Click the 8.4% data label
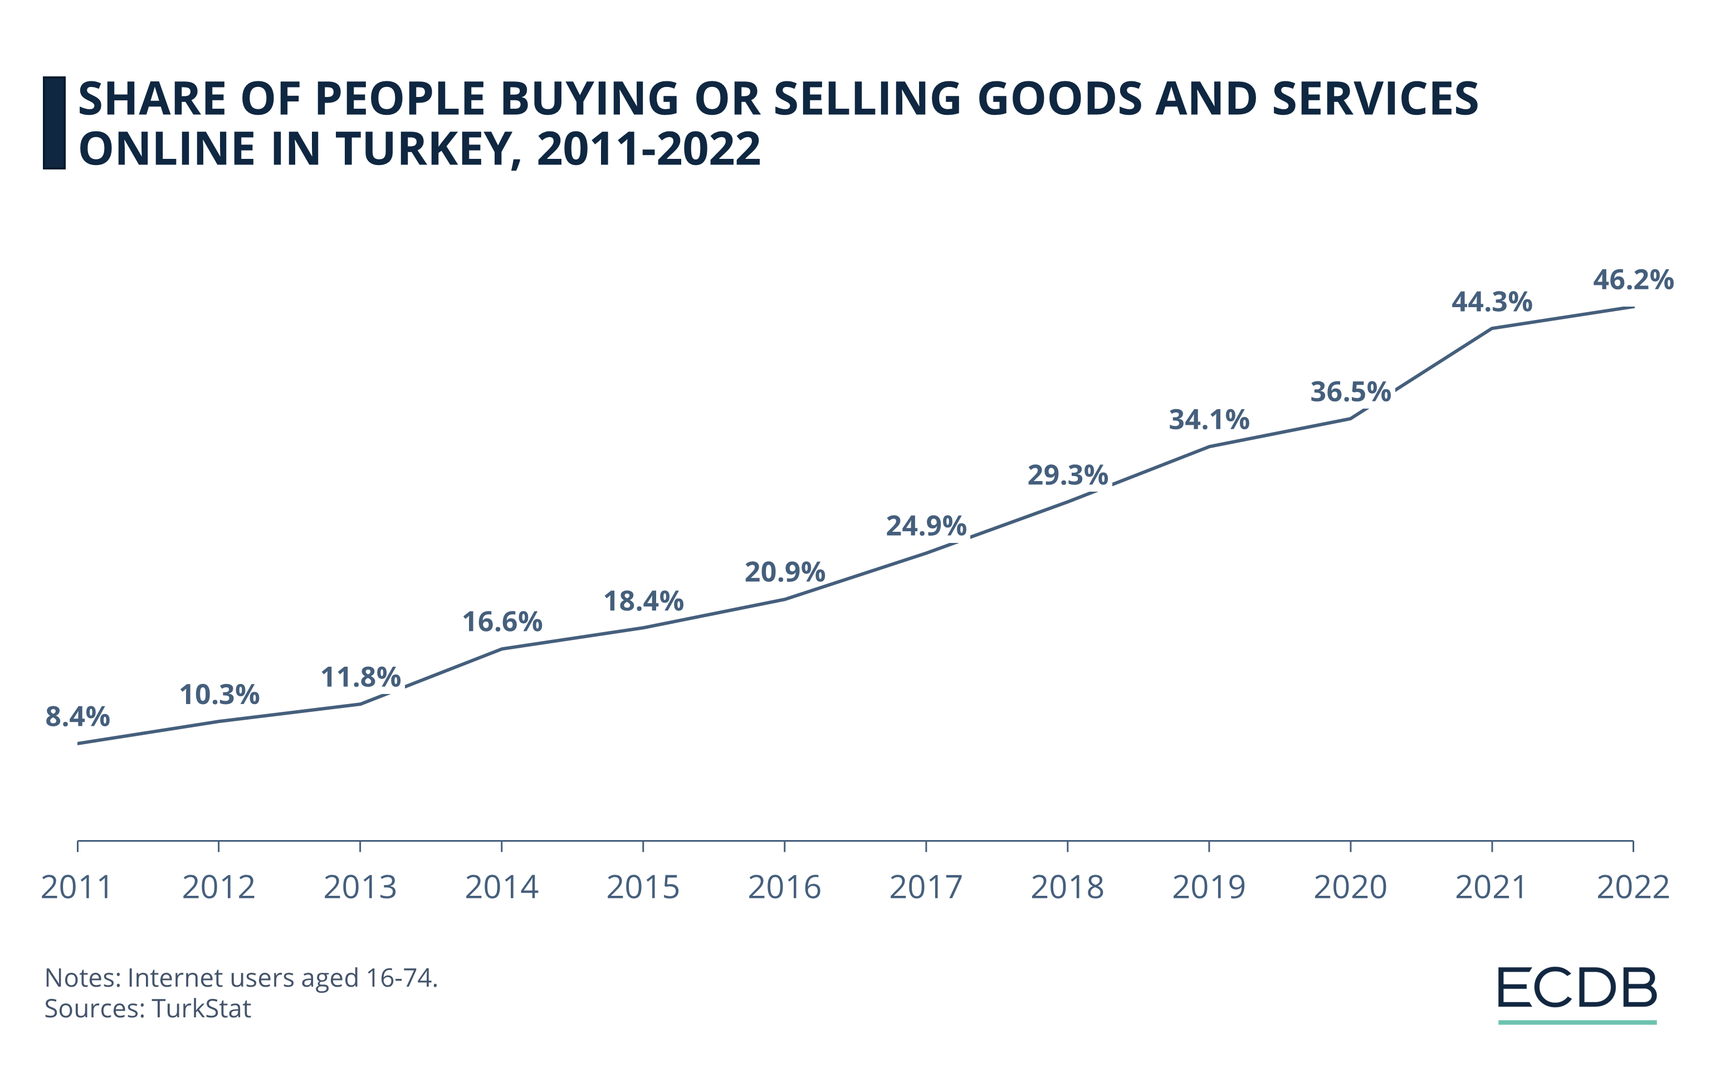pyautogui.click(x=77, y=716)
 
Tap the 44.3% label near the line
pyautogui.click(x=1492, y=302)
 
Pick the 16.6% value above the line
pyautogui.click(x=502, y=621)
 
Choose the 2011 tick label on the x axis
pyautogui.click(x=77, y=887)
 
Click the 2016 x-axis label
pyautogui.click(x=784, y=887)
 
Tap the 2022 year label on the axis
pyautogui.click(x=1633, y=887)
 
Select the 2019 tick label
pyautogui.click(x=1209, y=887)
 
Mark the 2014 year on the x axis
pyautogui.click(x=501, y=887)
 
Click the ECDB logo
pyautogui.click(x=1577, y=988)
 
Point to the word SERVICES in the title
pyautogui.click(x=1375, y=99)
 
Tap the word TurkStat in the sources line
pyautogui.click(x=202, y=1008)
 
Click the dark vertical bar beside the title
pyautogui.click(x=54, y=123)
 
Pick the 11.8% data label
pyautogui.click(x=361, y=676)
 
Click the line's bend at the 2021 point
pyautogui.click(x=1492, y=329)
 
